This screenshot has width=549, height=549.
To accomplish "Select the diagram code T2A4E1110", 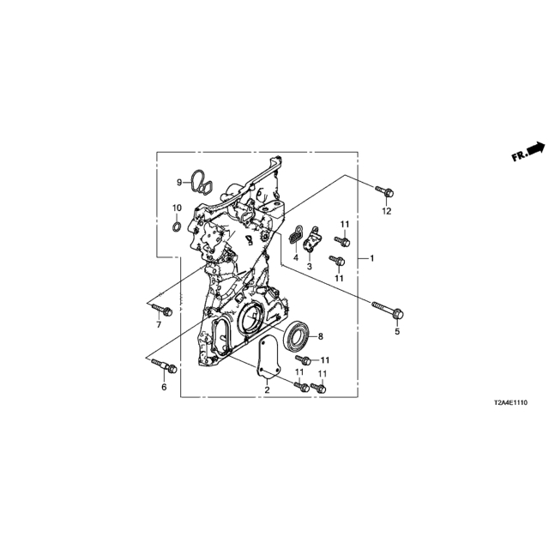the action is (x=510, y=403).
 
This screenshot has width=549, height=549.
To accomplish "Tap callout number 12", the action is (x=387, y=211).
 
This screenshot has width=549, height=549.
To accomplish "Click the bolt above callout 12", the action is (x=384, y=191).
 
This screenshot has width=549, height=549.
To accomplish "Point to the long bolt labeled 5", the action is (x=388, y=310).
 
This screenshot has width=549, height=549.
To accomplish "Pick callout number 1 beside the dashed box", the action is (x=371, y=258).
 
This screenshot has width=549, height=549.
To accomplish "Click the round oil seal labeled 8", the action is (x=297, y=335).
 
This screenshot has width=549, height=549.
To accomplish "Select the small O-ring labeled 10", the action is (x=177, y=226).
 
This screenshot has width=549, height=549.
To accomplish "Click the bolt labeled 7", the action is (x=162, y=309).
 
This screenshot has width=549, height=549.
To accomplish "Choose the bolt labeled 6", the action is (x=164, y=365).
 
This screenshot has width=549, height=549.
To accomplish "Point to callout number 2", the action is (x=267, y=389).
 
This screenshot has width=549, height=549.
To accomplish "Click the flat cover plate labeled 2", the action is (x=268, y=357).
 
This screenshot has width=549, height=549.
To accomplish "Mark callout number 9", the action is (x=179, y=183).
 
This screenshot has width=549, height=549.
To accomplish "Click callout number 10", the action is (x=177, y=208).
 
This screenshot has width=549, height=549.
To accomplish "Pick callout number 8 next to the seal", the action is (x=320, y=336).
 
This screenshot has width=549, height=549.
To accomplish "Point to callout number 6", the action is (x=164, y=387).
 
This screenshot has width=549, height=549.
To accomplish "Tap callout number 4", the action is (x=296, y=258).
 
